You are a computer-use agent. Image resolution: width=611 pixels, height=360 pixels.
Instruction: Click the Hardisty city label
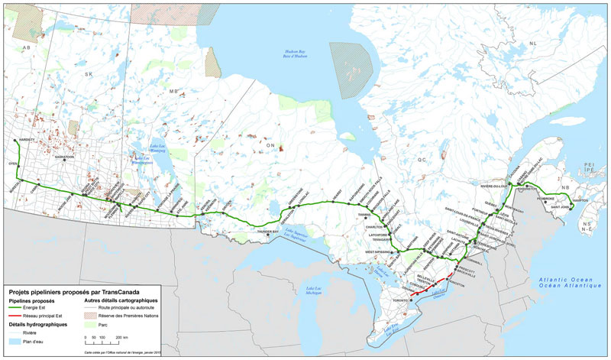24,139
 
